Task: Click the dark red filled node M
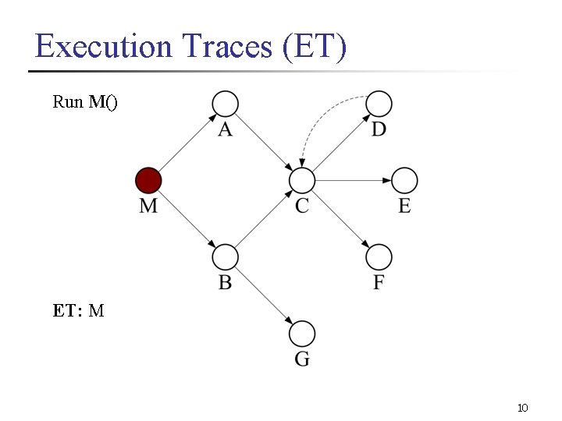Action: (x=148, y=181)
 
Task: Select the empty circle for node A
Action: (x=225, y=104)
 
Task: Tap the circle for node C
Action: (x=301, y=181)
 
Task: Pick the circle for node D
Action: (x=379, y=104)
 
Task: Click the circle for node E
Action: (x=404, y=181)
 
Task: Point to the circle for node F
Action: (x=379, y=257)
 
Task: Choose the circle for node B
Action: (x=225, y=257)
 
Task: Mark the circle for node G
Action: (x=301, y=334)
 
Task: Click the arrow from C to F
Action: (x=340, y=219)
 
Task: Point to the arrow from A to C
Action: (x=263, y=143)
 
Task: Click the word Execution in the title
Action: (x=103, y=47)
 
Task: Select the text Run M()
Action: (x=85, y=102)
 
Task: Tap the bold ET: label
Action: (x=68, y=311)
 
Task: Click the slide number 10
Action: (x=523, y=408)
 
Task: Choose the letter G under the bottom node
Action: (x=302, y=359)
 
